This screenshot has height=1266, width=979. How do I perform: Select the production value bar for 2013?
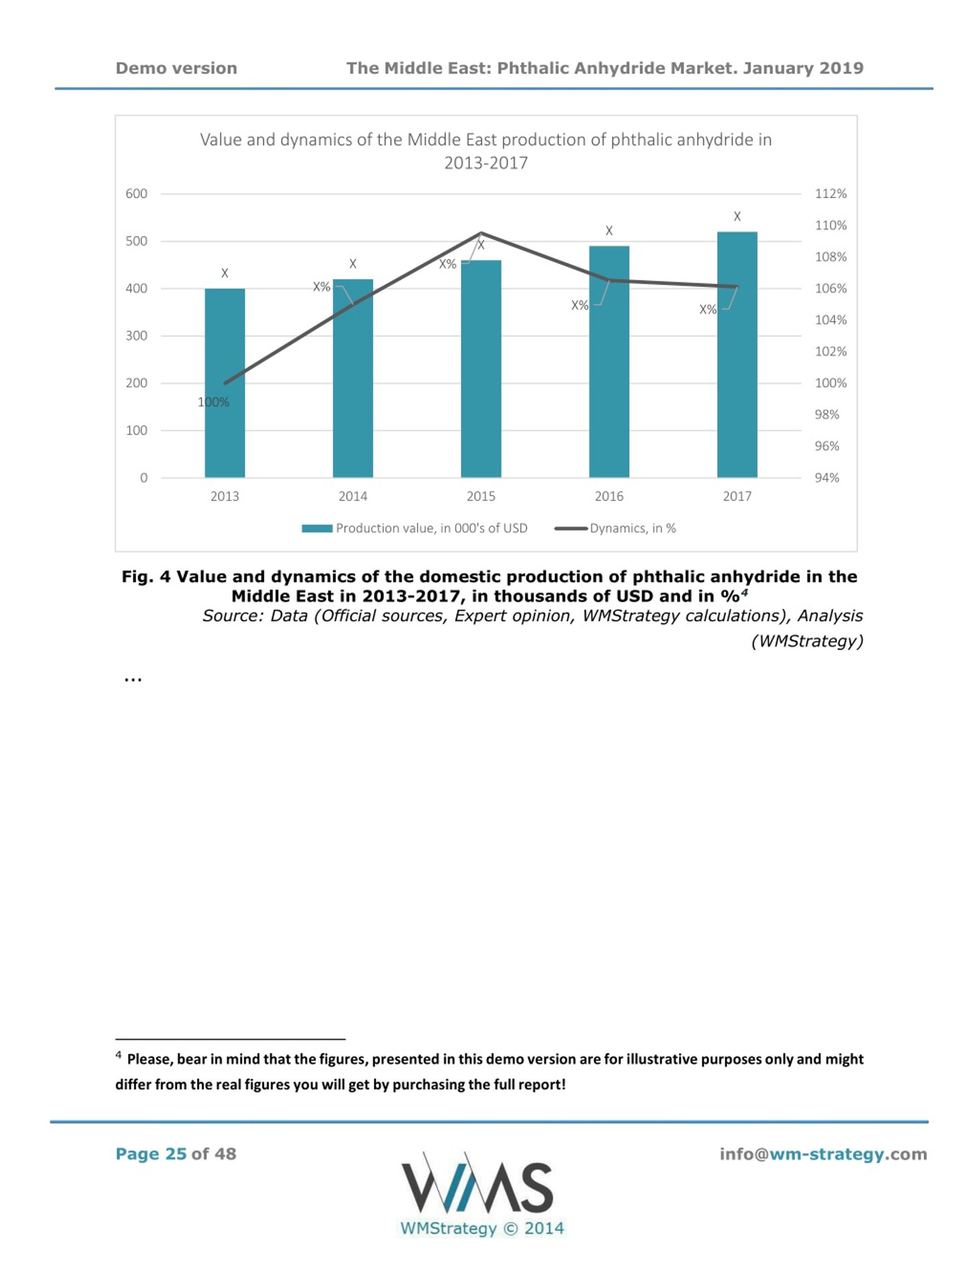click(x=224, y=383)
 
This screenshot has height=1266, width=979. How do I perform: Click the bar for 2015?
click(x=481, y=369)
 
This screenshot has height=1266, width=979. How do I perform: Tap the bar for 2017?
click(x=737, y=355)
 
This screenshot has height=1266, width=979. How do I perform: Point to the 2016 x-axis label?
click(x=609, y=496)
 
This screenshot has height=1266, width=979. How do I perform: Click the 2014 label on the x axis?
click(x=353, y=496)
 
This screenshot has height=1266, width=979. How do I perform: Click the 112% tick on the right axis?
click(x=831, y=194)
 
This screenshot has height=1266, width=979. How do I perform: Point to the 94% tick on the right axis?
click(x=827, y=478)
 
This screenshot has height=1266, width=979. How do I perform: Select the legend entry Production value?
click(x=415, y=528)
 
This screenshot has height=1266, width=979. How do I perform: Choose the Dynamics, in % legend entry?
click(x=615, y=528)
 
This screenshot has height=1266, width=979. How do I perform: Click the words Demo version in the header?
click(x=176, y=68)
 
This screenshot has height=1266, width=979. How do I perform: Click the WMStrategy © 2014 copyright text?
click(x=482, y=1228)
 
